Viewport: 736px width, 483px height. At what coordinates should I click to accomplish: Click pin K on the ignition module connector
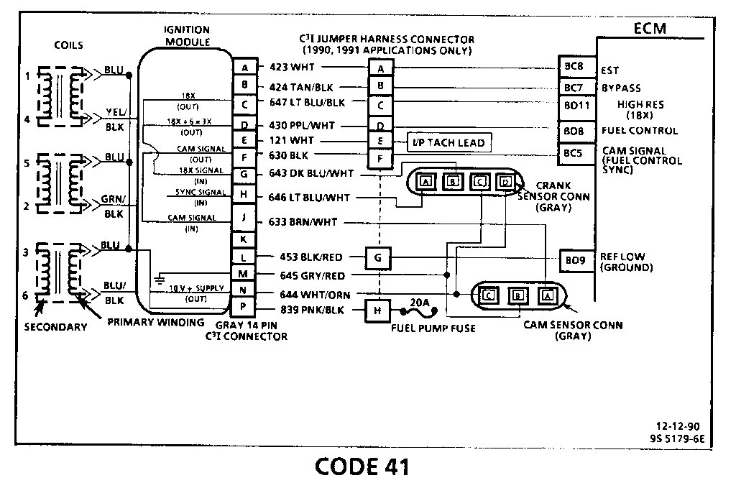pyautogui.click(x=245, y=239)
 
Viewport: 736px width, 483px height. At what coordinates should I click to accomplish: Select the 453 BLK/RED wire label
pyautogui.click(x=311, y=257)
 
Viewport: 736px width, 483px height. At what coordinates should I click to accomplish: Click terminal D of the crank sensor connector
pyautogui.click(x=505, y=181)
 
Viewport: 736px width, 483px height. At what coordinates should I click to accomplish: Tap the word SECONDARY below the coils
pyautogui.click(x=55, y=327)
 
